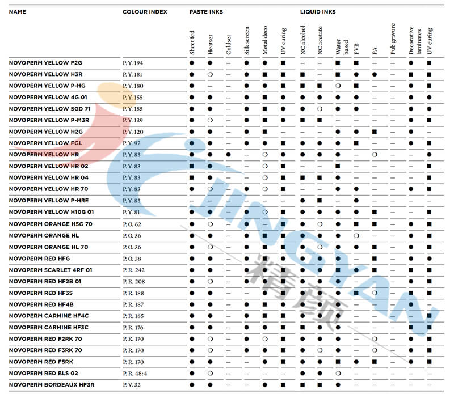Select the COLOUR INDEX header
pos(144,11)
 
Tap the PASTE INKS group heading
pos(206,11)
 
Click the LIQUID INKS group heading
pos(318,11)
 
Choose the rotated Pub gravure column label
pos(393,40)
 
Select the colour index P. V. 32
pos(132,385)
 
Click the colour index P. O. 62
pos(132,224)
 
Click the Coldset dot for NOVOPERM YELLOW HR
pos(228,154)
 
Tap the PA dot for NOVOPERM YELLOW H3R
pos(375,74)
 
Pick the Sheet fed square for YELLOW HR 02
pos(192,166)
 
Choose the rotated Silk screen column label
pos(247,43)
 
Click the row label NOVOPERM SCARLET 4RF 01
pos(51,270)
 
